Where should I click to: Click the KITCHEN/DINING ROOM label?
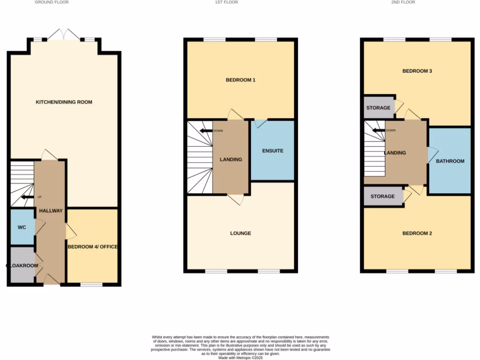pos(64,102)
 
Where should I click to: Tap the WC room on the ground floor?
pos(22,227)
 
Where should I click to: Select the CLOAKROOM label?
pos(22,265)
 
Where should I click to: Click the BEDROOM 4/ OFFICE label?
pos(92,247)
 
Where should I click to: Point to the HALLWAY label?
pos(51,211)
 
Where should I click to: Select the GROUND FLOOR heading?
pos(52,2)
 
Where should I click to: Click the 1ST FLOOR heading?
pos(226,2)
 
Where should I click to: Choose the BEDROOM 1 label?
pos(240,80)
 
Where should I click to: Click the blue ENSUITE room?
pos(272,151)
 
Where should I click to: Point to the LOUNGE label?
pos(240,233)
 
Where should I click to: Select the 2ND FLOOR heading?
pos(403,2)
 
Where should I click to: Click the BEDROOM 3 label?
pos(417,71)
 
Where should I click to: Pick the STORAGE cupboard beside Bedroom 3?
pos(378,108)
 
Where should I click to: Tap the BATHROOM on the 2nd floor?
pos(450,161)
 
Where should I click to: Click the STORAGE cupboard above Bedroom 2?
pos(382,196)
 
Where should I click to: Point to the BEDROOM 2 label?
pos(417,233)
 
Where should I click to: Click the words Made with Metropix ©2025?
pos(240,358)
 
